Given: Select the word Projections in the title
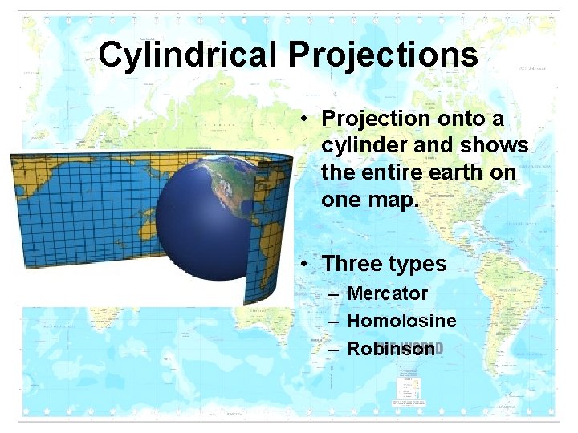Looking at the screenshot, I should click(383, 55).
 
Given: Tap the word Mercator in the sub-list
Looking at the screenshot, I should click(387, 294).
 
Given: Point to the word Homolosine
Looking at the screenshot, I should click(401, 321).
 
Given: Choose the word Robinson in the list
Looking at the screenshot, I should click(391, 349).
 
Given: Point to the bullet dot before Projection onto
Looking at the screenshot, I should click(307, 119).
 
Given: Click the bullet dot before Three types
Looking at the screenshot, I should click(307, 264).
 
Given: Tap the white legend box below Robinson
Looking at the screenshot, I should click(410, 390).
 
